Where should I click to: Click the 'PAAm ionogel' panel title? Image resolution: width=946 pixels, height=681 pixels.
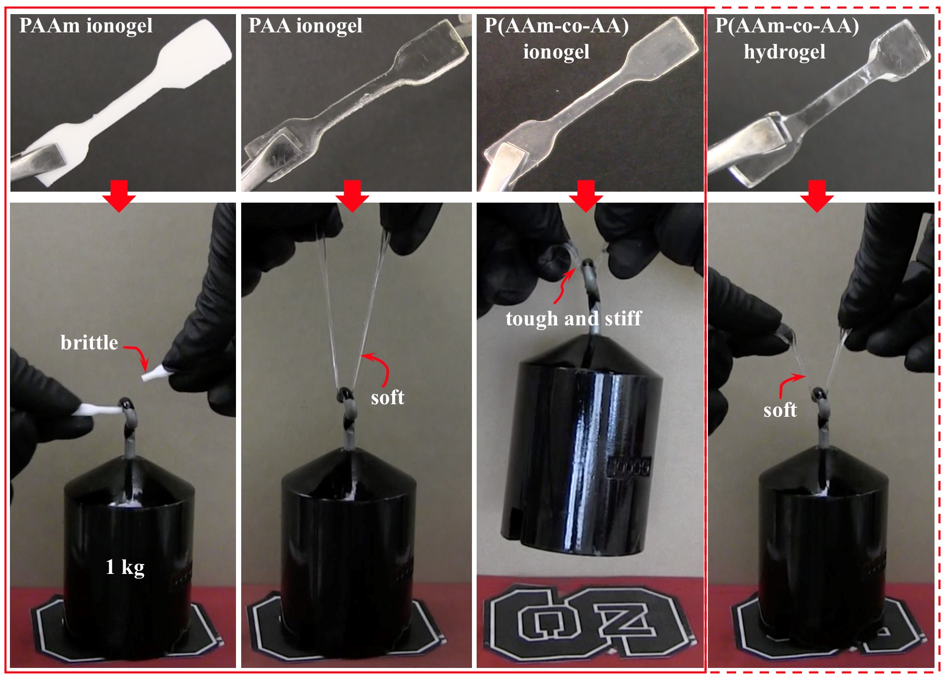[x=86, y=26]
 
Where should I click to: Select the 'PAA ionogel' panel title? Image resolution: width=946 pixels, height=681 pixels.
[x=305, y=26]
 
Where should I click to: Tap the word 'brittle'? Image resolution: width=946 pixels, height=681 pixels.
[x=89, y=343]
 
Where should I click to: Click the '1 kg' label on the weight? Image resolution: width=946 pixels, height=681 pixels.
[x=125, y=567]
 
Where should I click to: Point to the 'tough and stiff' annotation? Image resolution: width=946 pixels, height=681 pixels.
[x=573, y=318]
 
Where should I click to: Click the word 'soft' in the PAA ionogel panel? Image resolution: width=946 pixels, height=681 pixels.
[x=387, y=397]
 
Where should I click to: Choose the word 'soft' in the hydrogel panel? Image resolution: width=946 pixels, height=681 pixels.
[x=780, y=410]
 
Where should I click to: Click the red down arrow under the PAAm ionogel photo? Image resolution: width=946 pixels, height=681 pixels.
[x=119, y=196]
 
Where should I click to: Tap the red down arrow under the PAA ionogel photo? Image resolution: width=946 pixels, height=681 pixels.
[x=352, y=196]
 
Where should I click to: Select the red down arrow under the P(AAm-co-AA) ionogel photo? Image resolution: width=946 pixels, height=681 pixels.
[x=586, y=196]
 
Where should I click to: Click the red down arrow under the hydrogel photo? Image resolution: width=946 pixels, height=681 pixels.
[x=817, y=196]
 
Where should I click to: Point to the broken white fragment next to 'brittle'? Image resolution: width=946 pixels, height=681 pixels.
[x=156, y=374]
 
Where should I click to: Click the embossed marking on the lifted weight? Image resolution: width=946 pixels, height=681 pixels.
[x=629, y=467]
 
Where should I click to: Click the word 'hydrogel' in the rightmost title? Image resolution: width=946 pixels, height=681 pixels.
[x=784, y=52]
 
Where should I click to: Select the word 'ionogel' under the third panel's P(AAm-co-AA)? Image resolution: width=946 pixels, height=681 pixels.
[x=556, y=52]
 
